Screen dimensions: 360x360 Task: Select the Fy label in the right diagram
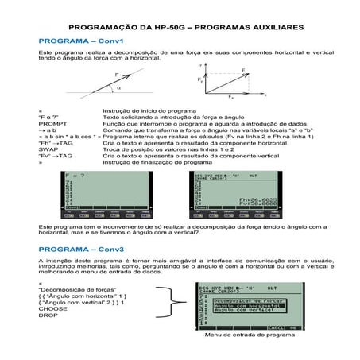[201, 80]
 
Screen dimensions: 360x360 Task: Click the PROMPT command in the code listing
[51, 124]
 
